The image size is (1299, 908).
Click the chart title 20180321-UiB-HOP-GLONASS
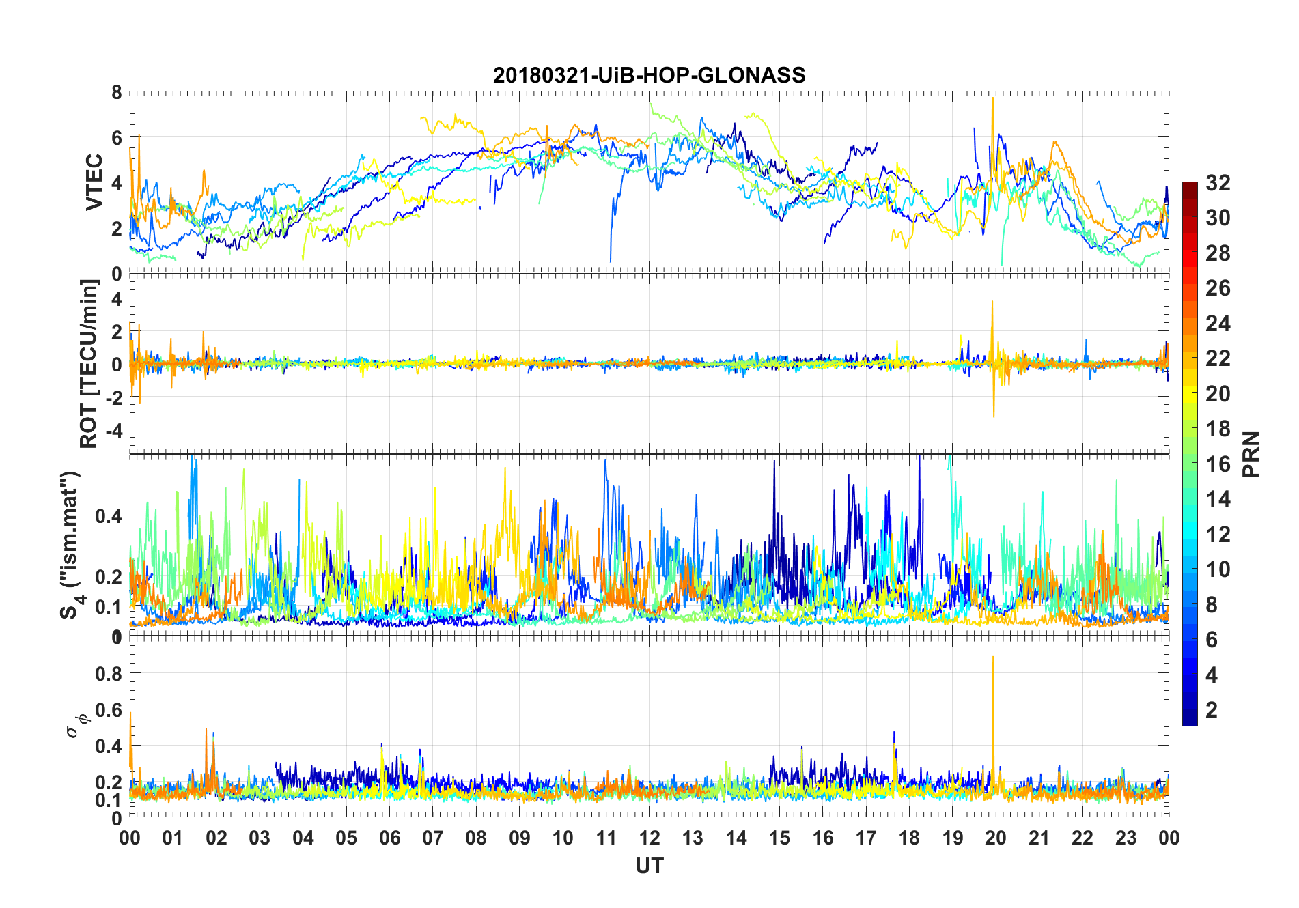649,75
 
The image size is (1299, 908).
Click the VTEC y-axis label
94,182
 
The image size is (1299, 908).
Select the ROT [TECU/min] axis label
89,363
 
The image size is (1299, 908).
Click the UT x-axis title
649,866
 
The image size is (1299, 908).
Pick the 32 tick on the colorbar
1218,183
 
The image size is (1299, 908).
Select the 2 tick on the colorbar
1212,710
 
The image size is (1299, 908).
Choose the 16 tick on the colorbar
1218,464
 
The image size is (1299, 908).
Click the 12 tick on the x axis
649,838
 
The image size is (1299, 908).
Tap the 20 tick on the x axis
996,838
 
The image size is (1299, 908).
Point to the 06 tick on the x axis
389,838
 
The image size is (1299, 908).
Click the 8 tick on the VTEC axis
117,93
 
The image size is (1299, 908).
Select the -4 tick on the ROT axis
113,430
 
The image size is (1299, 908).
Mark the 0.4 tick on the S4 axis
109,515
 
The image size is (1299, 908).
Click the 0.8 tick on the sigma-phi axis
109,674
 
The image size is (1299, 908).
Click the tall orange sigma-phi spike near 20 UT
993,658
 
